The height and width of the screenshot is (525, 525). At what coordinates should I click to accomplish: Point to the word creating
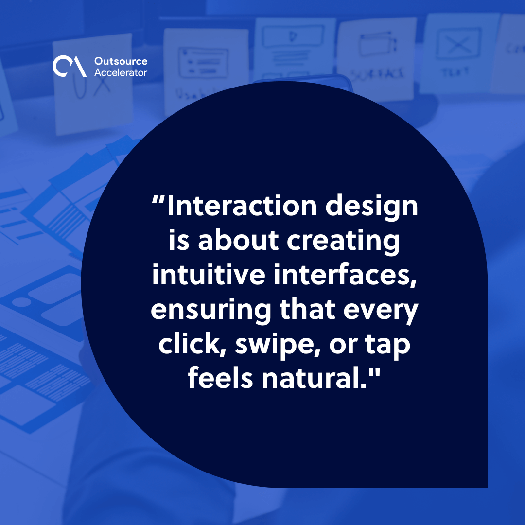[x=344, y=242]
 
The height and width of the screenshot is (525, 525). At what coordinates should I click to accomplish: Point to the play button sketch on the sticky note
[x=292, y=36]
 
